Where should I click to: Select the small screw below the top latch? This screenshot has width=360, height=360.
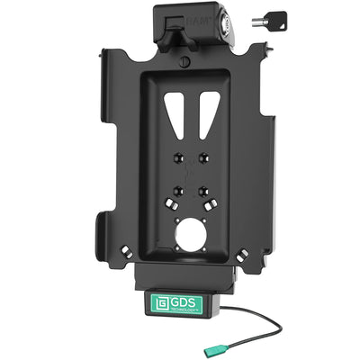184,62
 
